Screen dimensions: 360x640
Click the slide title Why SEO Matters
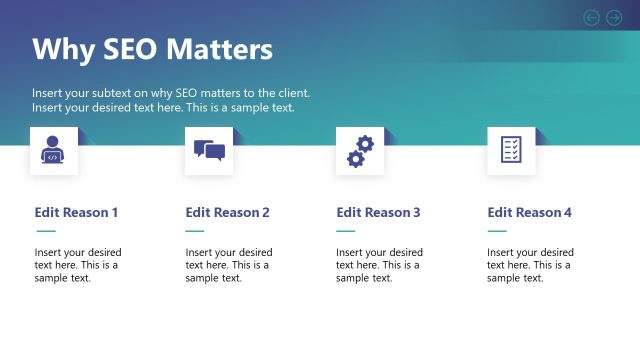pyautogui.click(x=152, y=50)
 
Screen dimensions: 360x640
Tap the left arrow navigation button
pyautogui.click(x=591, y=17)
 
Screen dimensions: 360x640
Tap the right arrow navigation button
pyautogui.click(x=614, y=17)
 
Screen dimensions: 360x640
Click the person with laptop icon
pyautogui.click(x=52, y=151)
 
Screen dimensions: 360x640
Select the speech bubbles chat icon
pyautogui.click(x=209, y=151)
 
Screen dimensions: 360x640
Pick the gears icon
pyautogui.click(x=360, y=151)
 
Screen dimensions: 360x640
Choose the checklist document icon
pyautogui.click(x=511, y=151)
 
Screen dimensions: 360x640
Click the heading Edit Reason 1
pyautogui.click(x=76, y=212)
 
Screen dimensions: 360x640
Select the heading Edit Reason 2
pyautogui.click(x=227, y=212)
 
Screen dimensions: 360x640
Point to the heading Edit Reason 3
pyautogui.click(x=378, y=212)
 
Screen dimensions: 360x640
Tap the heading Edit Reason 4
pyautogui.click(x=529, y=212)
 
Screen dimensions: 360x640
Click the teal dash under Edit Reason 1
pyautogui.click(x=45, y=231)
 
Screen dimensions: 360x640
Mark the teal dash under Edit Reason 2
pyautogui.click(x=195, y=231)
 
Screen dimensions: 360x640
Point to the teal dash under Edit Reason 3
pyautogui.click(x=346, y=231)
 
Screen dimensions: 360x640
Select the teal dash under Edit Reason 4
pyautogui.click(x=497, y=231)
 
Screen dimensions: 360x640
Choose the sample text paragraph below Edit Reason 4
pyautogui.click(x=530, y=265)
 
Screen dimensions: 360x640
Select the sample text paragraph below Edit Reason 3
pyautogui.click(x=379, y=265)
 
